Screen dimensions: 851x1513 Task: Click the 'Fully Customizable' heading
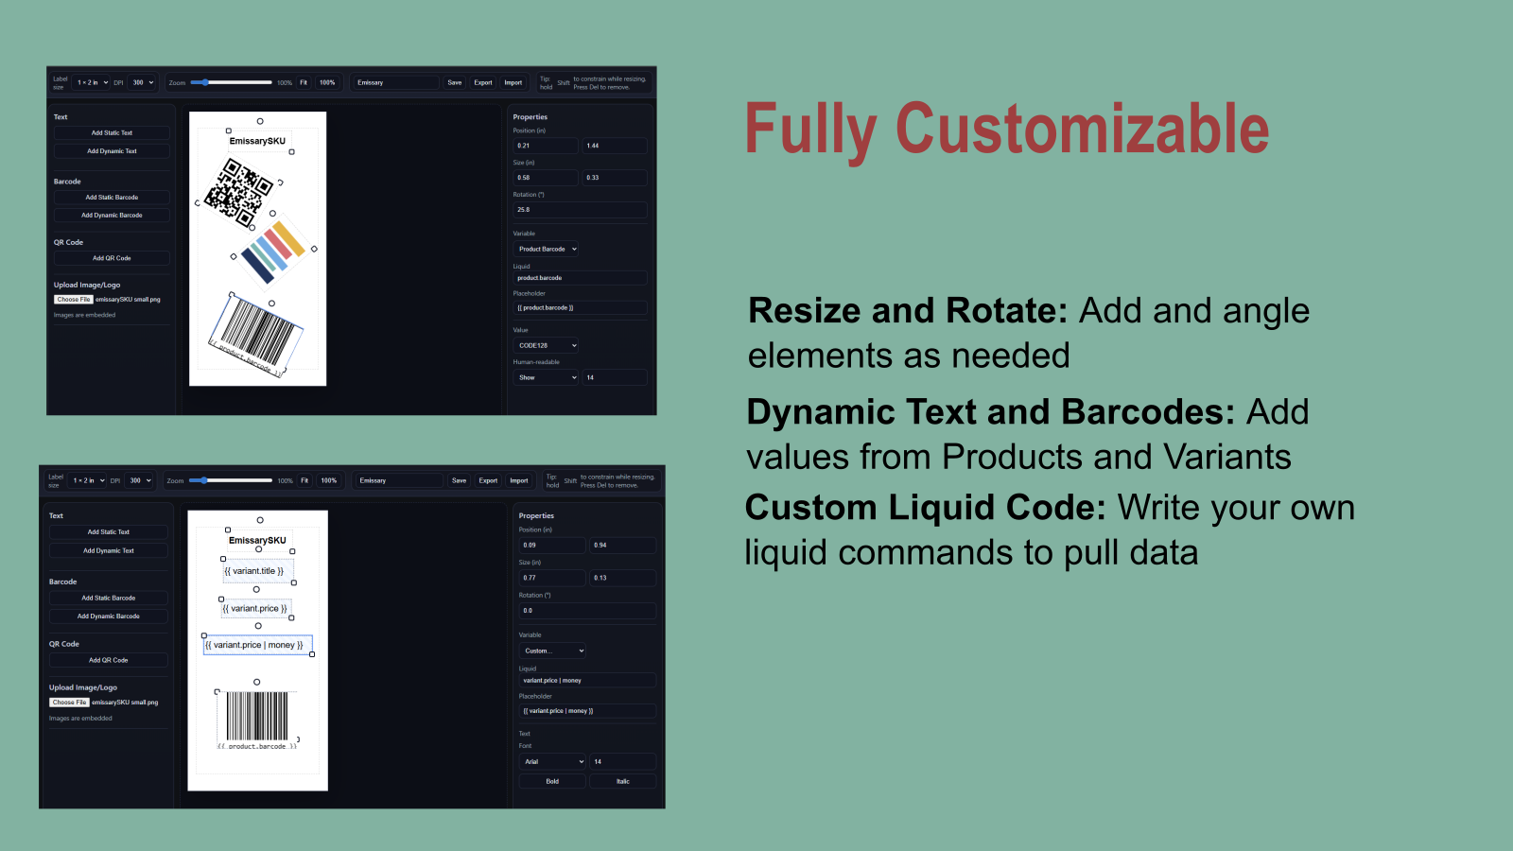(1006, 130)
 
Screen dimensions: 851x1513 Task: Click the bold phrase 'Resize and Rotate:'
(908, 311)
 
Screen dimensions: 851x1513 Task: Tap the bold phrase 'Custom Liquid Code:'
(925, 508)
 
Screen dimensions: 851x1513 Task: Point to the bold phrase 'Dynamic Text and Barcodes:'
(990, 412)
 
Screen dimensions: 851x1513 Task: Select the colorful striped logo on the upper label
(274, 252)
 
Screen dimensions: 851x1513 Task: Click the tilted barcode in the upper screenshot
(255, 336)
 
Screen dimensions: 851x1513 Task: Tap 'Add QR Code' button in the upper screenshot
(112, 258)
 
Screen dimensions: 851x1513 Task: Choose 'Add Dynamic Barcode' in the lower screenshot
(109, 617)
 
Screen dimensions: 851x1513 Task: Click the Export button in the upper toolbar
(483, 82)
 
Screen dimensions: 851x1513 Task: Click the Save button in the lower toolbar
(459, 480)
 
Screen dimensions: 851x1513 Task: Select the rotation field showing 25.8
(580, 210)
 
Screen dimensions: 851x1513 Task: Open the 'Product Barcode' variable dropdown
(547, 250)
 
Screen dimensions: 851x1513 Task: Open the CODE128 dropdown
(547, 346)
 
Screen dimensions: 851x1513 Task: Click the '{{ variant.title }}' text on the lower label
(254, 571)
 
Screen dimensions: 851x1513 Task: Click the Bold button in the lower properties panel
(552, 782)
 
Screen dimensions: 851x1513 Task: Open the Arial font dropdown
(552, 762)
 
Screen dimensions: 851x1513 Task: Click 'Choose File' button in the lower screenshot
(69, 703)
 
